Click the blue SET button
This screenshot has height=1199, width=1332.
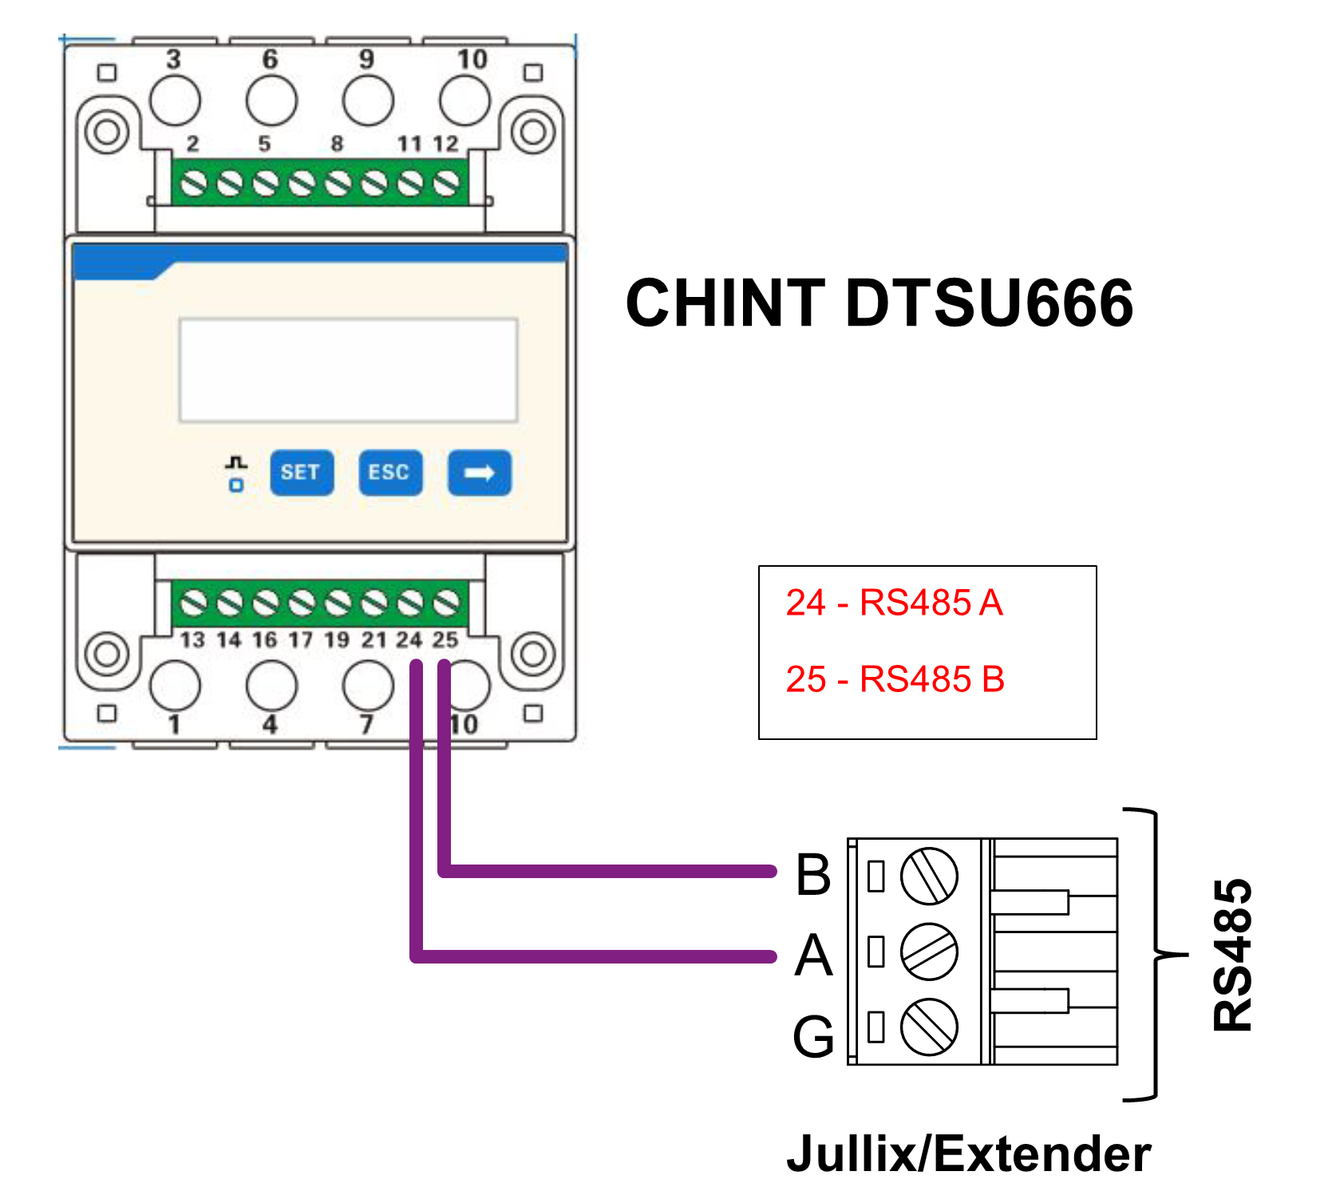tap(301, 473)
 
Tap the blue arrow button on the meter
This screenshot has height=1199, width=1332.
tap(479, 473)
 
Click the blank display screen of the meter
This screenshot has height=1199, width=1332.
tap(348, 370)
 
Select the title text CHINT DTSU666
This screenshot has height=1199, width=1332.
tap(879, 303)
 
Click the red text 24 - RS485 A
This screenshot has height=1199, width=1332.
tap(894, 603)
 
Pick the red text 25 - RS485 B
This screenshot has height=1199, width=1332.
tap(895, 679)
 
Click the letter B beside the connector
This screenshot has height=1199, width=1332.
tap(813, 874)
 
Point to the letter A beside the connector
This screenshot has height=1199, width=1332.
tap(813, 955)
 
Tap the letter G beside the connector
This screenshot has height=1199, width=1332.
tap(813, 1036)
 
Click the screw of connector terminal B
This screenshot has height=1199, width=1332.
tap(928, 876)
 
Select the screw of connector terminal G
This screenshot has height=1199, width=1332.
tap(928, 1027)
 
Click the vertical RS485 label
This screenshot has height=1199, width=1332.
tap(1232, 955)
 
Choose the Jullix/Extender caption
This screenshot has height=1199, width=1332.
tap(968, 1153)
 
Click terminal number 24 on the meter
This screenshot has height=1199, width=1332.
tap(409, 639)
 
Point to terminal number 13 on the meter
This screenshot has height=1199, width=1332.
tap(192, 639)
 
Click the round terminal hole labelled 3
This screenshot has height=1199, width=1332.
tap(175, 101)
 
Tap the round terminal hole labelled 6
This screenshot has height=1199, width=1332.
tap(271, 101)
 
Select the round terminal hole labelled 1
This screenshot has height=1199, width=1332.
tap(175, 686)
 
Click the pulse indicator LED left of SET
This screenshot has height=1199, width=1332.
tap(236, 485)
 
